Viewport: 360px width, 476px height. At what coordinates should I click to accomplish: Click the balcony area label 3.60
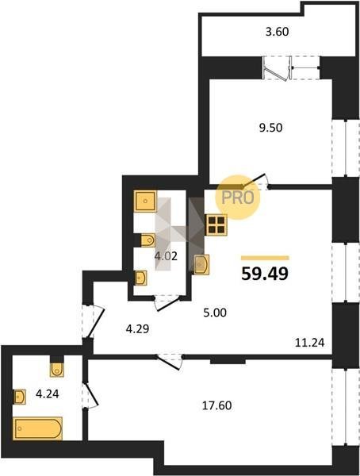click(277, 32)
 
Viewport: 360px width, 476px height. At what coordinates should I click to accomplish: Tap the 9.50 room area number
click(270, 128)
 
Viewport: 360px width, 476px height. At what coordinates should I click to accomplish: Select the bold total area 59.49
click(265, 274)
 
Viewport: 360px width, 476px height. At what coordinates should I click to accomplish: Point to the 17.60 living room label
click(217, 405)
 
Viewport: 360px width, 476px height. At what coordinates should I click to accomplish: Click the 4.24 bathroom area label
click(48, 394)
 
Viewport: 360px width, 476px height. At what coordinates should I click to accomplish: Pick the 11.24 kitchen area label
click(310, 343)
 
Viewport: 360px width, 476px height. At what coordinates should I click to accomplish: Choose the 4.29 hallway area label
click(137, 328)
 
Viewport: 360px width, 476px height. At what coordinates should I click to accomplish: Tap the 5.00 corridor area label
click(215, 313)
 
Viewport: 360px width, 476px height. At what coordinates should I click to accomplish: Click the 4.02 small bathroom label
click(166, 256)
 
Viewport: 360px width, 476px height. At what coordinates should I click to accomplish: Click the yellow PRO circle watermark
click(238, 198)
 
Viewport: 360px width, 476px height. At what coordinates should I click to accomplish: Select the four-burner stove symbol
click(216, 225)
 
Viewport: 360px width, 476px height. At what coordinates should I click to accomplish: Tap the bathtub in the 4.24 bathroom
click(37, 428)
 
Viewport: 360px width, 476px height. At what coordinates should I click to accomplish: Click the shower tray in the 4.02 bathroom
click(145, 201)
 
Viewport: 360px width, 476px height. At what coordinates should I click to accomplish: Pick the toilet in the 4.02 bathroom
click(148, 240)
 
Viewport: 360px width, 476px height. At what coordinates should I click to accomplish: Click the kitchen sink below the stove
click(201, 264)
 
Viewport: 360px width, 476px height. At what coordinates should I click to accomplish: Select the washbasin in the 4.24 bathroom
click(20, 397)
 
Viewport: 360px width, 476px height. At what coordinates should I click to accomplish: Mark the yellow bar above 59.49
click(265, 258)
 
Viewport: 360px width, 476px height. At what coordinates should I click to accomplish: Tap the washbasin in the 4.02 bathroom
click(141, 278)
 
